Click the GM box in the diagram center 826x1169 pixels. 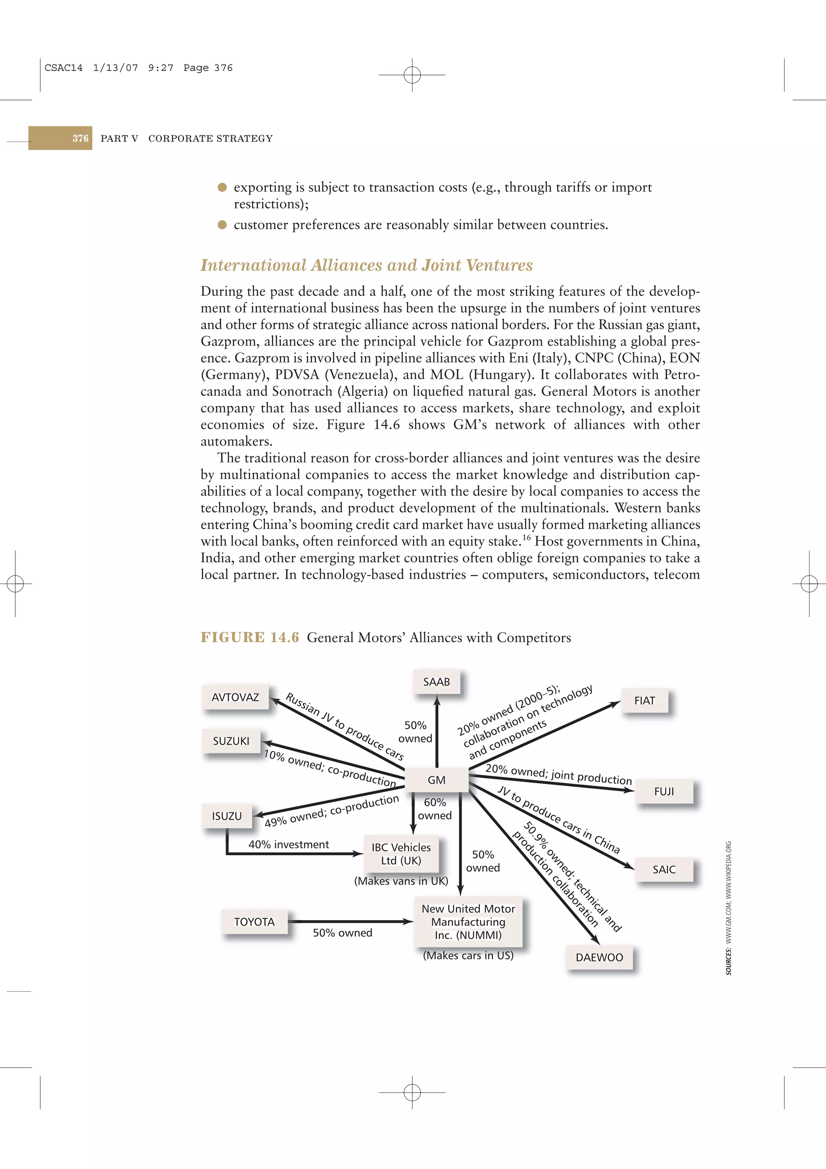pos(436,779)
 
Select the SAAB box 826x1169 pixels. pos(436,682)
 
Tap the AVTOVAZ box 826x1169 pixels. pos(235,697)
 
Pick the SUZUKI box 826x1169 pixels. pos(231,741)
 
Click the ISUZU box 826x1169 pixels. pos(227,816)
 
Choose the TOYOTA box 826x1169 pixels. pos(254,922)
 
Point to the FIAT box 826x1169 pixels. pos(645,701)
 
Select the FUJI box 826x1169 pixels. pos(663,791)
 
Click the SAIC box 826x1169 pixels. pos(663,869)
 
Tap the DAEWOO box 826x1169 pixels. pos(599,957)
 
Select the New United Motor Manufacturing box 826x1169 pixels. pos(468,922)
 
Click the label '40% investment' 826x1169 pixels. pos(288,844)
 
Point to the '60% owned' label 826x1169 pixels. pos(435,808)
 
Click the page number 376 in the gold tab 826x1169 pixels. pos(80,138)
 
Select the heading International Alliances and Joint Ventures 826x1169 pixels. pos(367,265)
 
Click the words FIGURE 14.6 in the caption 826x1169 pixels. pos(249,637)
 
